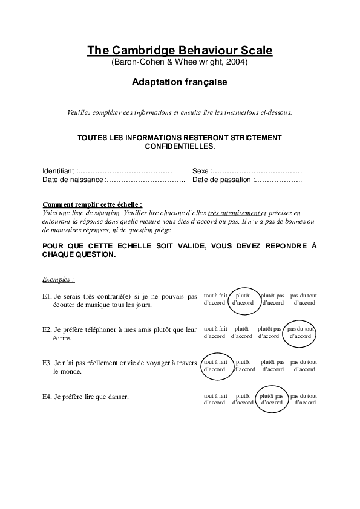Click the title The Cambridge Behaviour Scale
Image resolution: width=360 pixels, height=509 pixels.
click(x=180, y=50)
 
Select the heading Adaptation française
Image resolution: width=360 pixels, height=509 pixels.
click(x=180, y=82)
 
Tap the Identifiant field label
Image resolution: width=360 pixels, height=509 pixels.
click(x=59, y=171)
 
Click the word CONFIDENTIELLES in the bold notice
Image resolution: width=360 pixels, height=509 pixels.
click(x=180, y=146)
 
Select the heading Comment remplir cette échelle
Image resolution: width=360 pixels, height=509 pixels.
click(x=92, y=205)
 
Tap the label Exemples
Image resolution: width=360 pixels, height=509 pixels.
click(x=58, y=280)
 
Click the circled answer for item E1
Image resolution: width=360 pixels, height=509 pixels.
click(x=243, y=299)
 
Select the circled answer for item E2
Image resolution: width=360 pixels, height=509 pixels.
click(x=300, y=332)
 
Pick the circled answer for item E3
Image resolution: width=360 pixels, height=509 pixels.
click(x=214, y=365)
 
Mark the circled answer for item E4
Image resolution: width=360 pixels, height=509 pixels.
click(x=270, y=398)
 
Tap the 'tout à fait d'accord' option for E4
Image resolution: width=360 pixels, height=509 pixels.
click(x=215, y=398)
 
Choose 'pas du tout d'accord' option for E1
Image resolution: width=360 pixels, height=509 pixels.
click(x=304, y=299)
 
